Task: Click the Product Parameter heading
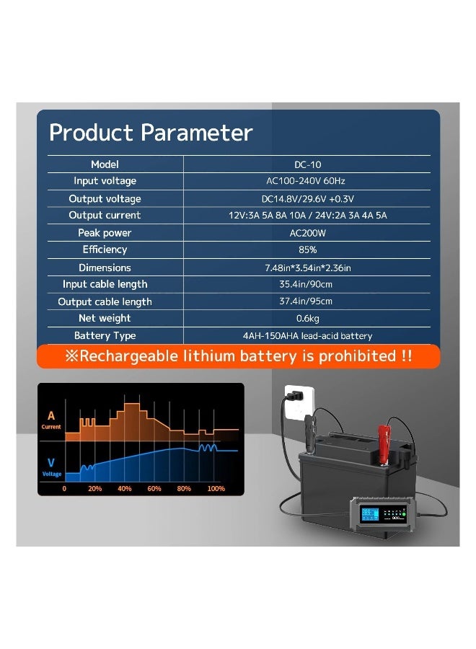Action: tap(151, 133)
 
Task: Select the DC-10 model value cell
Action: tap(307, 164)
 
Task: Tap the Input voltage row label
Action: tap(105, 181)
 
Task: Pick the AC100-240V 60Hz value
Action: tap(307, 181)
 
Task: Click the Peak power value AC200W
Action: tap(307, 233)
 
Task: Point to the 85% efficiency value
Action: tap(307, 250)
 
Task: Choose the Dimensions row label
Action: tap(105, 268)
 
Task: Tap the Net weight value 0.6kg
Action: tap(307, 319)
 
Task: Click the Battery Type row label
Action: tap(105, 336)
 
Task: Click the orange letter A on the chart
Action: tap(50, 415)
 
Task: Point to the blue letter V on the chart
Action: tap(51, 462)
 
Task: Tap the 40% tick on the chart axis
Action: tap(124, 489)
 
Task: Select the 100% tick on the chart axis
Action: tap(216, 489)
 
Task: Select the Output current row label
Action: tap(105, 216)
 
